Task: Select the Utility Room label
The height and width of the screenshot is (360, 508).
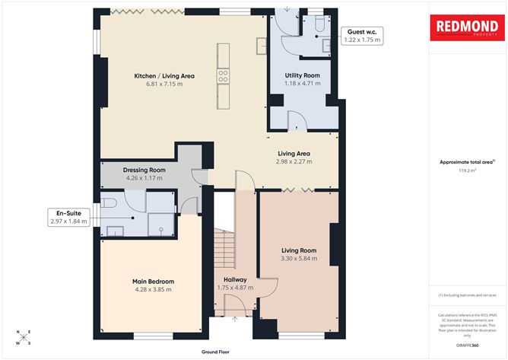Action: tap(302, 76)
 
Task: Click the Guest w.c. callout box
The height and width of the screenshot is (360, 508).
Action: tap(361, 34)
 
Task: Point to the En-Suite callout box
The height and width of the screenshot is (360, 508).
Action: tap(68, 217)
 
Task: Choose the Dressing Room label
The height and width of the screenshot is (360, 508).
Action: tap(144, 170)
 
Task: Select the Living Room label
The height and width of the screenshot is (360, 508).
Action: tap(299, 250)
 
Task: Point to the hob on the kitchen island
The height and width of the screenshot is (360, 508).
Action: tap(224, 75)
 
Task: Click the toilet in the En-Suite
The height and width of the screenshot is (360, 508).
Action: tap(110, 203)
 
